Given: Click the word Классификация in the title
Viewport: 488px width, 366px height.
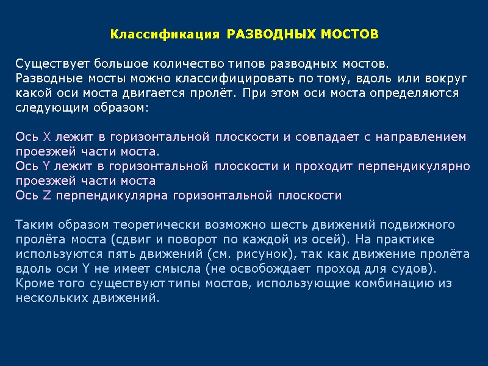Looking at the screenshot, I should [x=165, y=34].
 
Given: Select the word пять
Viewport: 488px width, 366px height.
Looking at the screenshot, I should [x=113, y=254].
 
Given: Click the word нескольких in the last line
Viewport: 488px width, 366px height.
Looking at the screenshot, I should [x=48, y=298].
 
